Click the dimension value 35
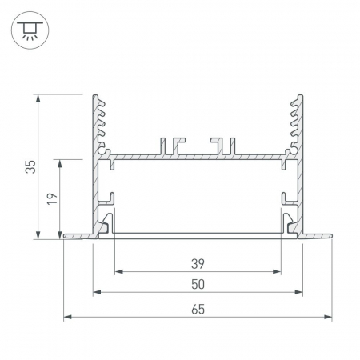tap(30, 166)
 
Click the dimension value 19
tap(52, 198)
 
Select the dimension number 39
tap(198, 264)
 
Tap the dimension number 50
tap(198, 285)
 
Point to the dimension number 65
tap(198, 310)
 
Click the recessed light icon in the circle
tap(30, 30)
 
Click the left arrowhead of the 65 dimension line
tap(68, 317)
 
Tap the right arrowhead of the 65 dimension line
tap(328, 317)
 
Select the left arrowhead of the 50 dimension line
tap(97, 292)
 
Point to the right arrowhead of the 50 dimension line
tap(298, 292)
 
